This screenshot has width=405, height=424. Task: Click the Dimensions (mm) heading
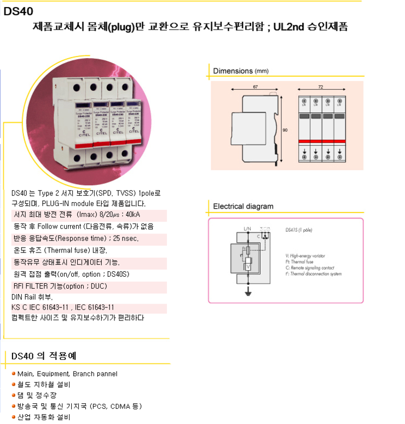pos(241,71)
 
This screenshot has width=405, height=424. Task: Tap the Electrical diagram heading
pos(243,207)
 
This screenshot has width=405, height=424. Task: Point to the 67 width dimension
pos(255,87)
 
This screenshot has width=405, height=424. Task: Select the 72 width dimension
pos(320,87)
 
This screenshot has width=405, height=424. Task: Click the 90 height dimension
pos(285,130)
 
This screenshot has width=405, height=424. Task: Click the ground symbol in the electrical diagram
pos(248,294)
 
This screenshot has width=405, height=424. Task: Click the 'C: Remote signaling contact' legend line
pos(313,268)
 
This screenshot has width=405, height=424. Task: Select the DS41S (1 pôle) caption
pos(299,231)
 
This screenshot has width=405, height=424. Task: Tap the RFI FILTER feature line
pos(60,286)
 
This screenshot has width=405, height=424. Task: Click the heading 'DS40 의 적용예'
pos(44,356)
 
